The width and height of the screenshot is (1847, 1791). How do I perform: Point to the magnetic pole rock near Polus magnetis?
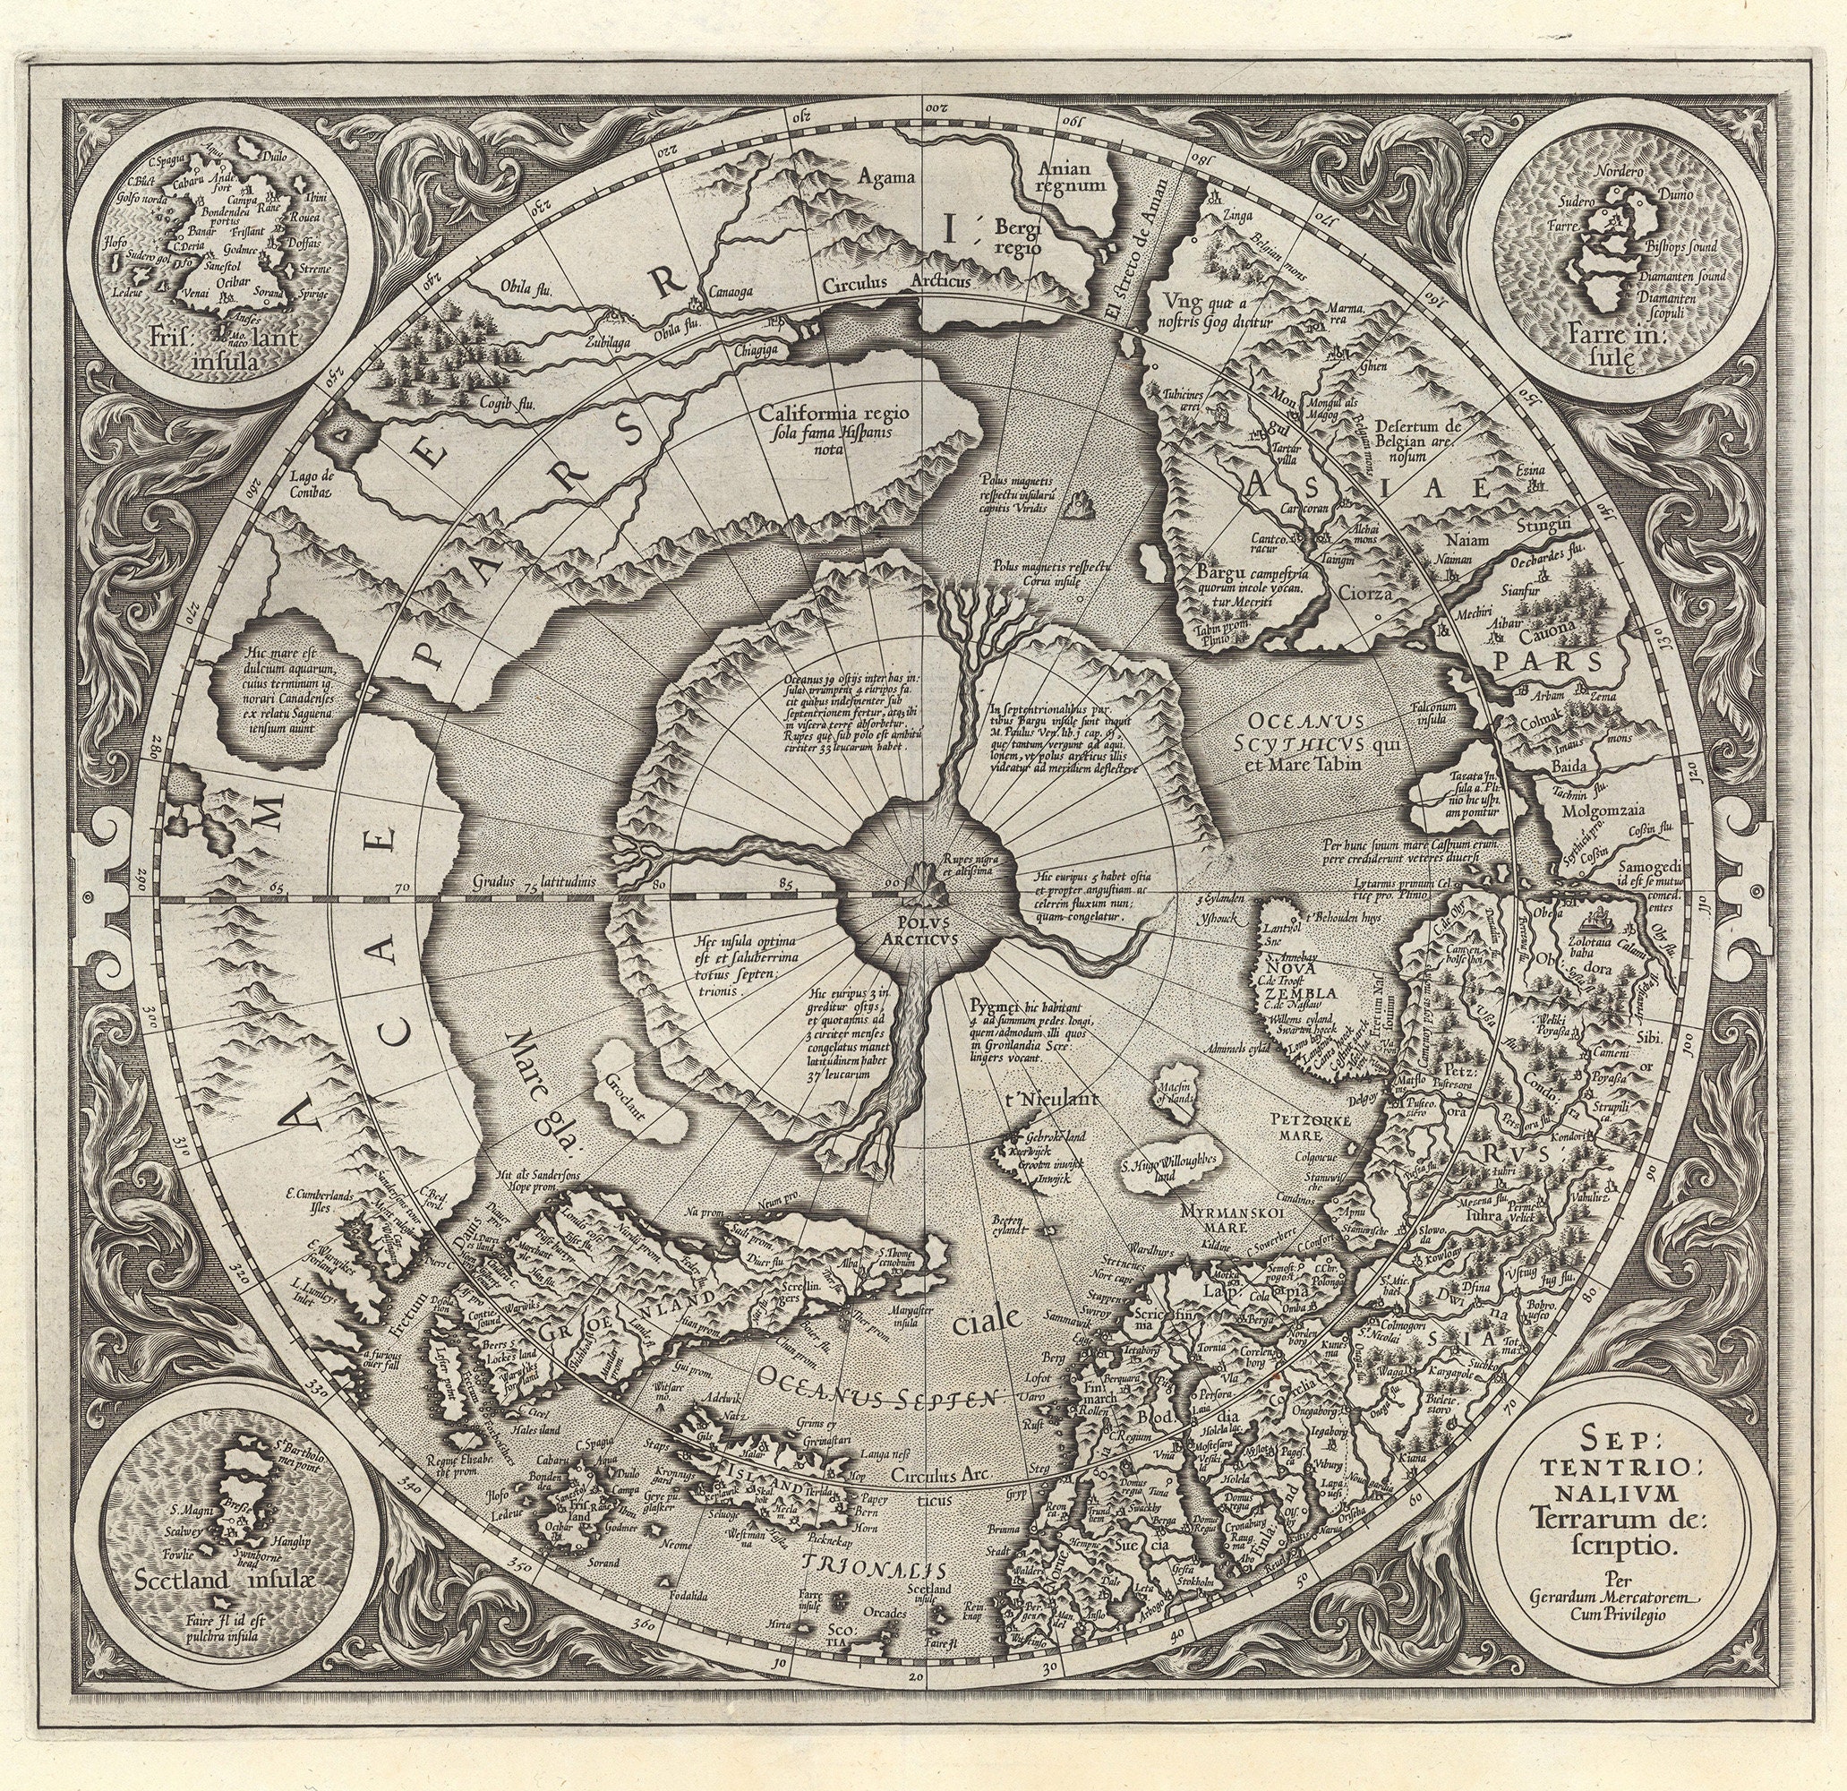1074,508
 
